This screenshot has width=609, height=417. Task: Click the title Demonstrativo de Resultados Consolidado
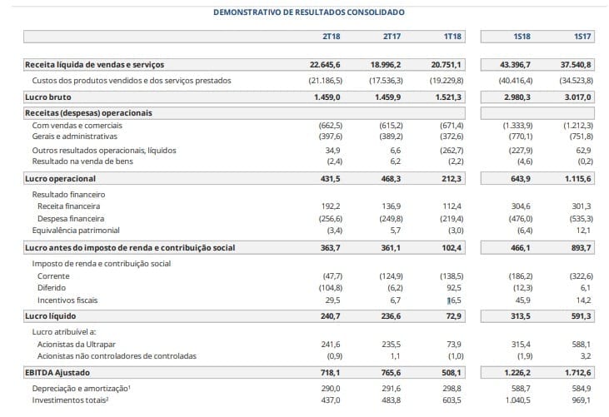tap(309, 12)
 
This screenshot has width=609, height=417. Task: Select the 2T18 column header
tap(332, 37)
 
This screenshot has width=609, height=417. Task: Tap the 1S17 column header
tap(582, 37)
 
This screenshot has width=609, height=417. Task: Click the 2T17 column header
tap(392, 37)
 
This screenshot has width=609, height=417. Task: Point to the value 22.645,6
tap(325, 65)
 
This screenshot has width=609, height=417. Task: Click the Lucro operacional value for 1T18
tap(451, 179)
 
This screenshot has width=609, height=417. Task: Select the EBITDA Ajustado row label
tap(57, 373)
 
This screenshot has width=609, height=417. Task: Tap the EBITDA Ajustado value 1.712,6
tap(578, 373)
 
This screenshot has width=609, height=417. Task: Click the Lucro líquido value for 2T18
tap(330, 316)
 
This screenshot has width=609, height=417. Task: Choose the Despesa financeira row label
tap(71, 219)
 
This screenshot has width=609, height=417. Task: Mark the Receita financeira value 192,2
tap(331, 206)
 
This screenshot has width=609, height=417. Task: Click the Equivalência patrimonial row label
tap(76, 231)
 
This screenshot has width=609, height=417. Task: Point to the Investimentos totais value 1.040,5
tap(517, 400)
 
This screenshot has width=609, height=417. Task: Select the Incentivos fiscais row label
tap(67, 300)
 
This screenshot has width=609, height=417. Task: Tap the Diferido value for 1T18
tap(454, 288)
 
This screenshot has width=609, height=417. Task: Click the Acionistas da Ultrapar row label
tap(77, 345)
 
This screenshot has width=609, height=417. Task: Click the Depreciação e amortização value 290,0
tap(331, 389)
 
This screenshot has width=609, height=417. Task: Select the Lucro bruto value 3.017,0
tap(578, 97)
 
